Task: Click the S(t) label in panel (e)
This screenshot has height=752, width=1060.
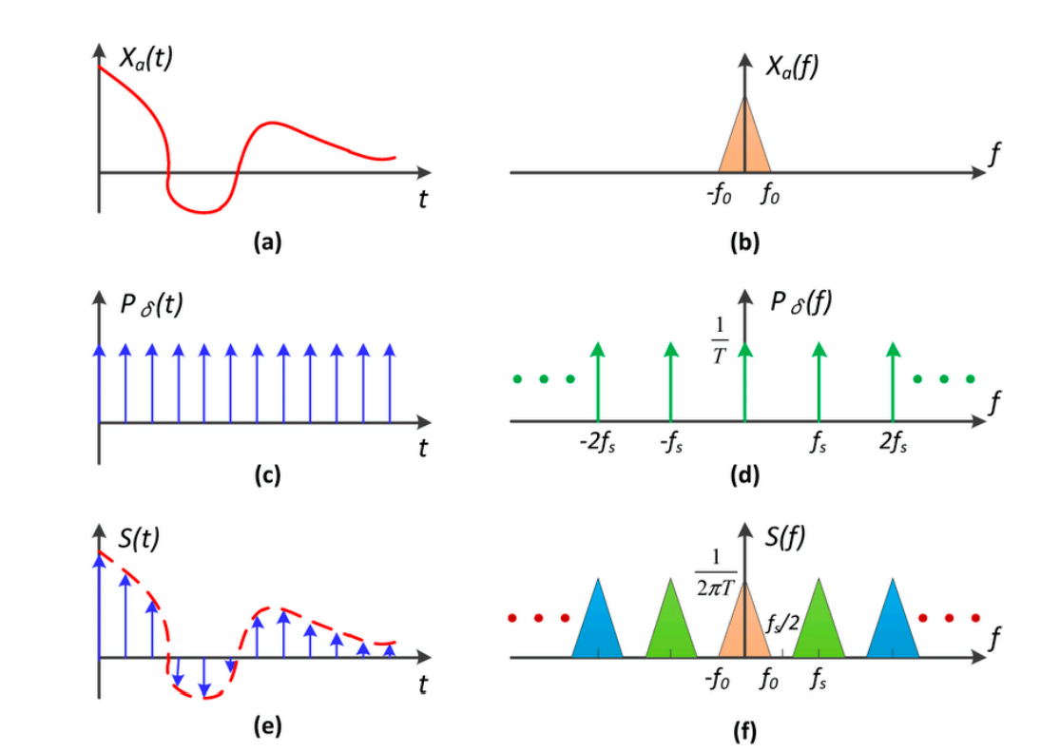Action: tap(140, 537)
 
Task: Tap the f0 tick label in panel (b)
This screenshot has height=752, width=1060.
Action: tap(770, 199)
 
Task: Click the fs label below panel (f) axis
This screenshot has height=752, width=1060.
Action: tap(819, 681)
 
